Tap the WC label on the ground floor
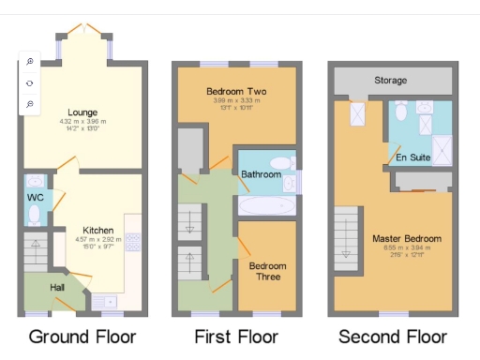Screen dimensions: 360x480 point(36,198)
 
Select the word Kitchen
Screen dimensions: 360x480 point(97,230)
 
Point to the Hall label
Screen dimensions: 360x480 point(56,285)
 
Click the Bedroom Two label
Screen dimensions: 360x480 point(235,91)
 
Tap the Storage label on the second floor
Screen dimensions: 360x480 point(390,81)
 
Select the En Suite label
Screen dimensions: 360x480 point(412,157)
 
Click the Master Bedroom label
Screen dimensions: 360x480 point(406,238)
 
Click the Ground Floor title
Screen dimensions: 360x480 point(82,337)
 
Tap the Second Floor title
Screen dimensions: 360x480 point(393,337)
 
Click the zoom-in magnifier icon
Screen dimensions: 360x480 point(29,62)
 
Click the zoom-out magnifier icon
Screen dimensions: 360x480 point(29,103)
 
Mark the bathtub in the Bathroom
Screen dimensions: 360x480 point(267,204)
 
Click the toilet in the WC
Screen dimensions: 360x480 point(35,215)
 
